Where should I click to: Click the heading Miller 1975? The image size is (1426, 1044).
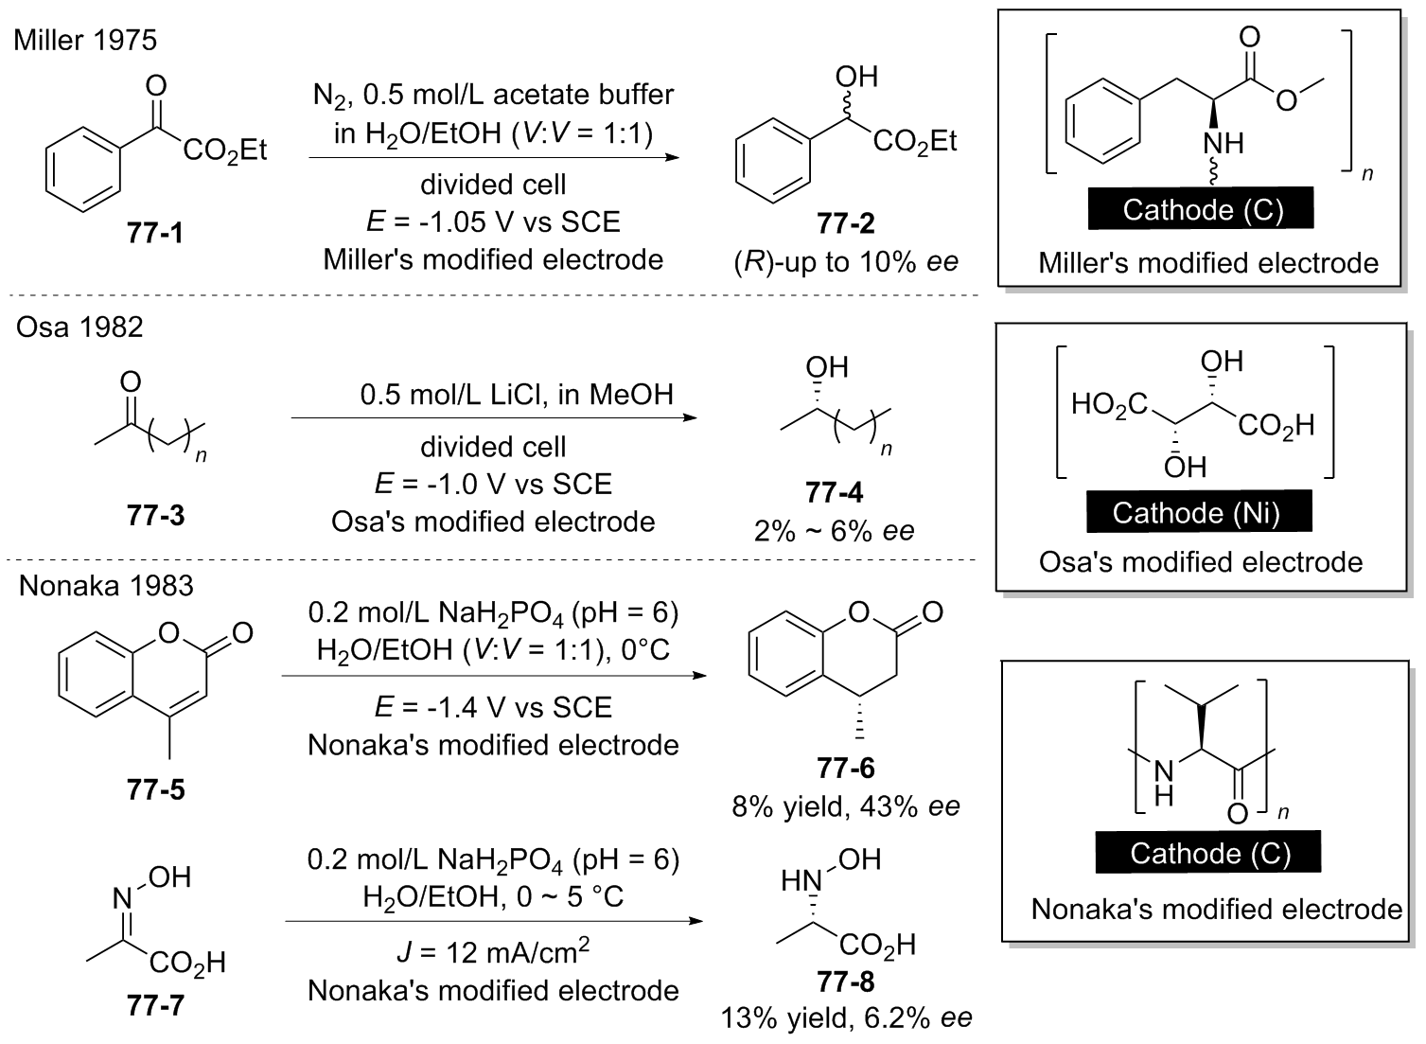(x=85, y=40)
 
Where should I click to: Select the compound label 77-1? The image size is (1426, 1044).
(x=154, y=233)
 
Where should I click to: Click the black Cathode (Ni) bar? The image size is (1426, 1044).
(x=1196, y=513)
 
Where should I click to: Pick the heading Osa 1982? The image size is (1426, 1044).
(x=79, y=327)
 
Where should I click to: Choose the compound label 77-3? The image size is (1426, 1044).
(x=155, y=516)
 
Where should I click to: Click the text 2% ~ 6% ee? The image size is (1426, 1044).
(x=835, y=530)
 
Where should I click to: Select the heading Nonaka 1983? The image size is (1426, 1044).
(x=106, y=586)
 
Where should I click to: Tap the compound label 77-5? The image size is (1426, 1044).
(x=155, y=789)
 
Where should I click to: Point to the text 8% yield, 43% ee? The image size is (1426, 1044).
(x=846, y=806)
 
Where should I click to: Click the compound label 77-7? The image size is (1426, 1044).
(x=155, y=1005)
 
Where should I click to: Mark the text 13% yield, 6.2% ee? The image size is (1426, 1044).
(x=846, y=1018)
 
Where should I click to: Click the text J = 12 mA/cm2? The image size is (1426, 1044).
(x=493, y=951)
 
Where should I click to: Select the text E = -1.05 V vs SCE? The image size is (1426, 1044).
(x=493, y=221)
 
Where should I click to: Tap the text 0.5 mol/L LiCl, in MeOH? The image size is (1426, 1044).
(x=517, y=394)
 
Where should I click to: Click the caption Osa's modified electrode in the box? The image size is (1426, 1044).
(x=1200, y=562)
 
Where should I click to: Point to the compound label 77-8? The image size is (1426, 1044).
(x=846, y=982)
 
